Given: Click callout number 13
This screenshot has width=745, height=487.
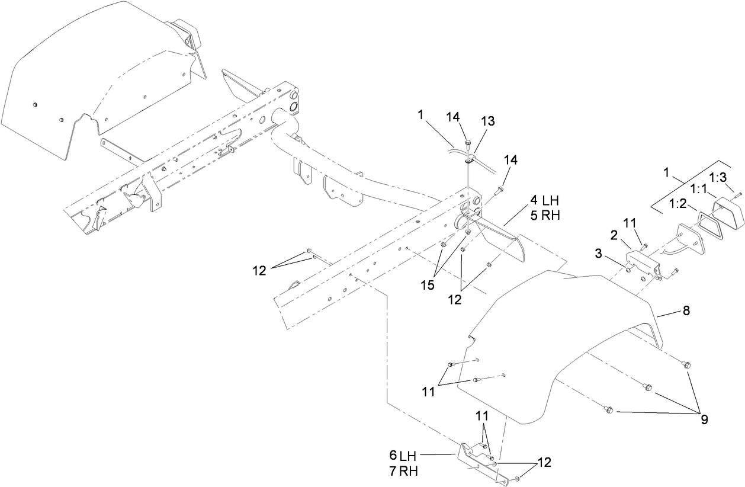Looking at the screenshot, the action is (487, 121).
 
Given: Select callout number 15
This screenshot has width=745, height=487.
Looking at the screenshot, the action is (428, 285).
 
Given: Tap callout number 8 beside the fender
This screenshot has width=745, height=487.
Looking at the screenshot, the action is (686, 310).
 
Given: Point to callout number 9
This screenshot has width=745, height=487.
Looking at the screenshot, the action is (704, 419).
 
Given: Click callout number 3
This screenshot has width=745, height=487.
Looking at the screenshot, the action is (598, 254).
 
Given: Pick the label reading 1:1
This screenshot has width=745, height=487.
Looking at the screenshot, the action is (698, 189).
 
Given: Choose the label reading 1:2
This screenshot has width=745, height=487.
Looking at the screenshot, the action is (679, 204).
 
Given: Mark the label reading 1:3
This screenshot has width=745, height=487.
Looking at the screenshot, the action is (718, 178).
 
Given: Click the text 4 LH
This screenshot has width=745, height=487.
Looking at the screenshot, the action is (544, 201).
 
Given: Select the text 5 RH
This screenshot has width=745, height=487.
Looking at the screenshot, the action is (545, 216).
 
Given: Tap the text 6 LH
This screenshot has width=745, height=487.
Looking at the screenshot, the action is (403, 456).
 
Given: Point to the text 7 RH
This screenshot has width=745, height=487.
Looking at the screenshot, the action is (403, 472).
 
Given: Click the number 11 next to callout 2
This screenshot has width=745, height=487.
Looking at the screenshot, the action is (630, 223).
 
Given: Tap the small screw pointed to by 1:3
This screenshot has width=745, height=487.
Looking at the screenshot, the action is (737, 194).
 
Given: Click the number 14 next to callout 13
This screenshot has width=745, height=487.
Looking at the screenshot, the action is (453, 117).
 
